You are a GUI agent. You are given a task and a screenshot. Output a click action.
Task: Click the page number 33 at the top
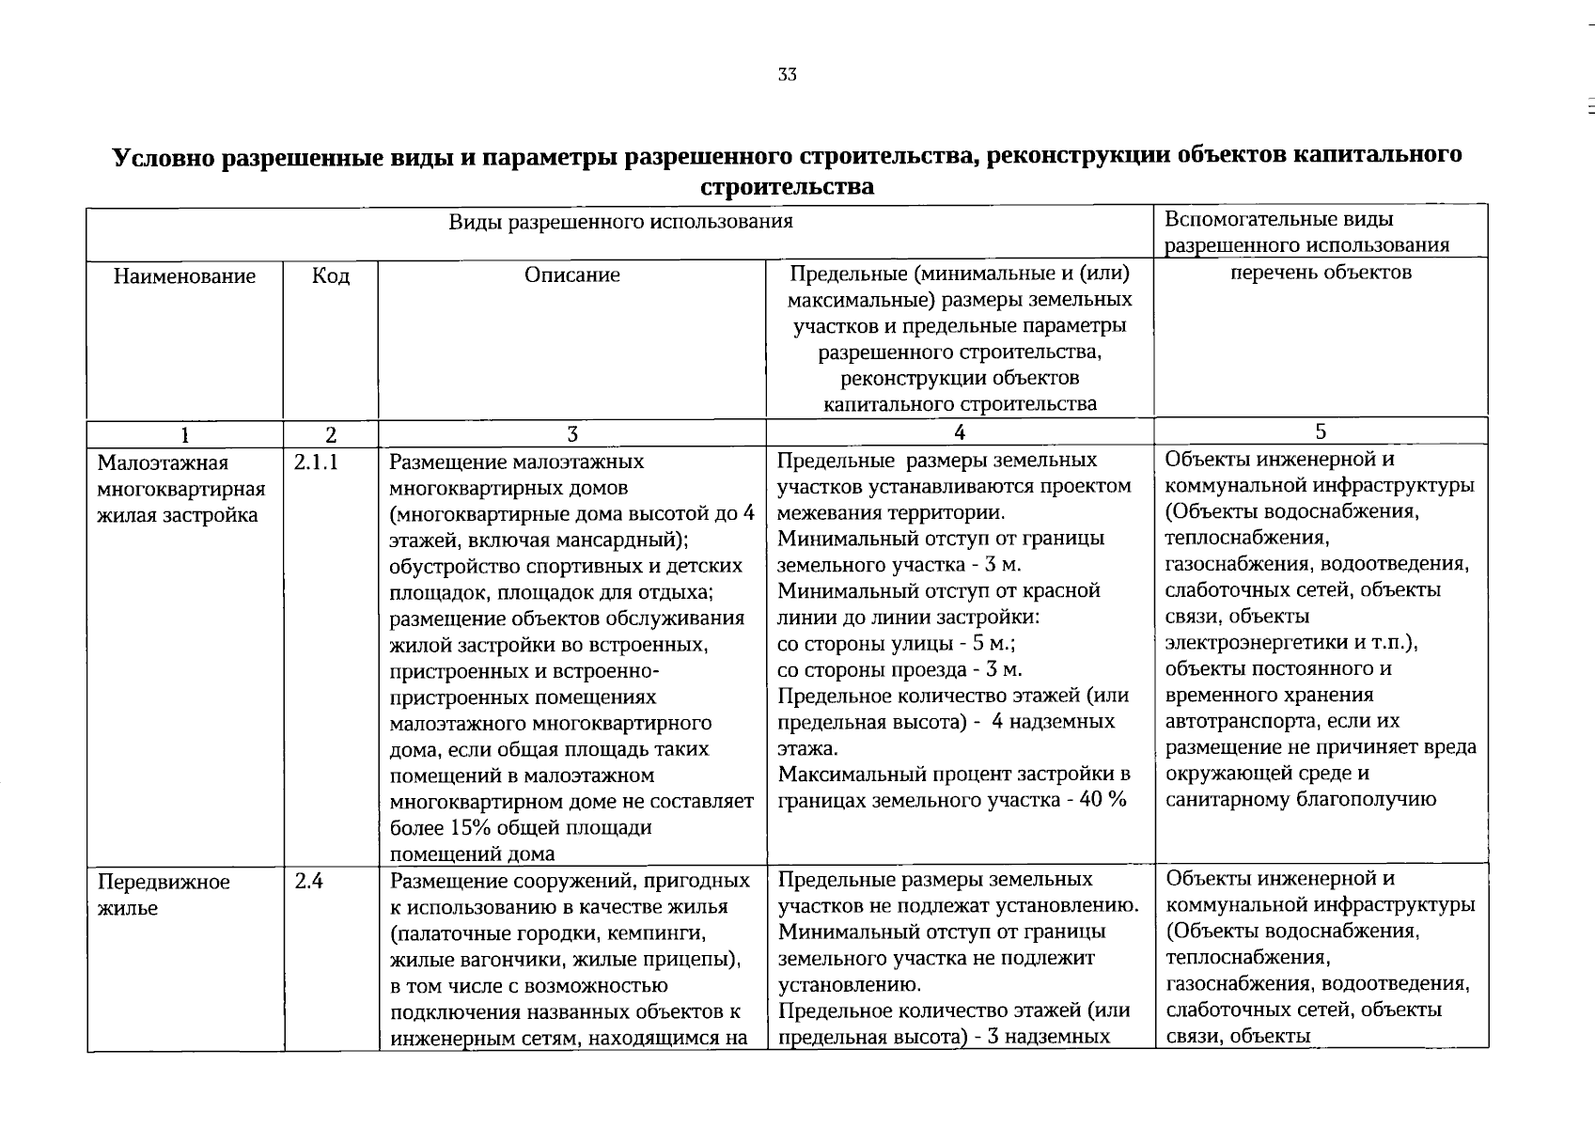pyautogui.click(x=788, y=75)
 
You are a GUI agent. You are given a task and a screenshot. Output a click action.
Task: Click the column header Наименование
pyautogui.click(x=184, y=276)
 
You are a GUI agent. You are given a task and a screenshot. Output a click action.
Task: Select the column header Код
pyautogui.click(x=331, y=276)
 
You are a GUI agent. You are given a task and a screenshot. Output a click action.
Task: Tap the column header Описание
pyautogui.click(x=571, y=274)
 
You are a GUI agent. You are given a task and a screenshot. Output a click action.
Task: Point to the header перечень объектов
pyautogui.click(x=1321, y=273)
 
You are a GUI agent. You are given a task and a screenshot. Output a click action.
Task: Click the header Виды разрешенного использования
pyautogui.click(x=620, y=222)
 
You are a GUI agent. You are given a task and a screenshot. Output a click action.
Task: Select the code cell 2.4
pyautogui.click(x=308, y=882)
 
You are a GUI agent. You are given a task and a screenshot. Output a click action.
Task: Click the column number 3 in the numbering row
pyautogui.click(x=571, y=434)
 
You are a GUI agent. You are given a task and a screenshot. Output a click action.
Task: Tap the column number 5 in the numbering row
pyautogui.click(x=1321, y=431)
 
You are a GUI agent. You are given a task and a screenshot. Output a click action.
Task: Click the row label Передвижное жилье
pyautogui.click(x=164, y=895)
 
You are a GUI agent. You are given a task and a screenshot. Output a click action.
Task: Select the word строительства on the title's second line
pyautogui.click(x=788, y=186)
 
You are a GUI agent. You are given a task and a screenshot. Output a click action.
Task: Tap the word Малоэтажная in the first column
pyautogui.click(x=163, y=463)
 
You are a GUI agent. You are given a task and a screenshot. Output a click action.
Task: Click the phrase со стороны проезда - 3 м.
pyautogui.click(x=899, y=670)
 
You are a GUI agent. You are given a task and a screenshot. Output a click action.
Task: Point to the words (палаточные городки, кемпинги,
pyautogui.click(x=547, y=934)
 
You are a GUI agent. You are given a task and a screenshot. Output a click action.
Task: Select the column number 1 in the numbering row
pyautogui.click(x=184, y=435)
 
